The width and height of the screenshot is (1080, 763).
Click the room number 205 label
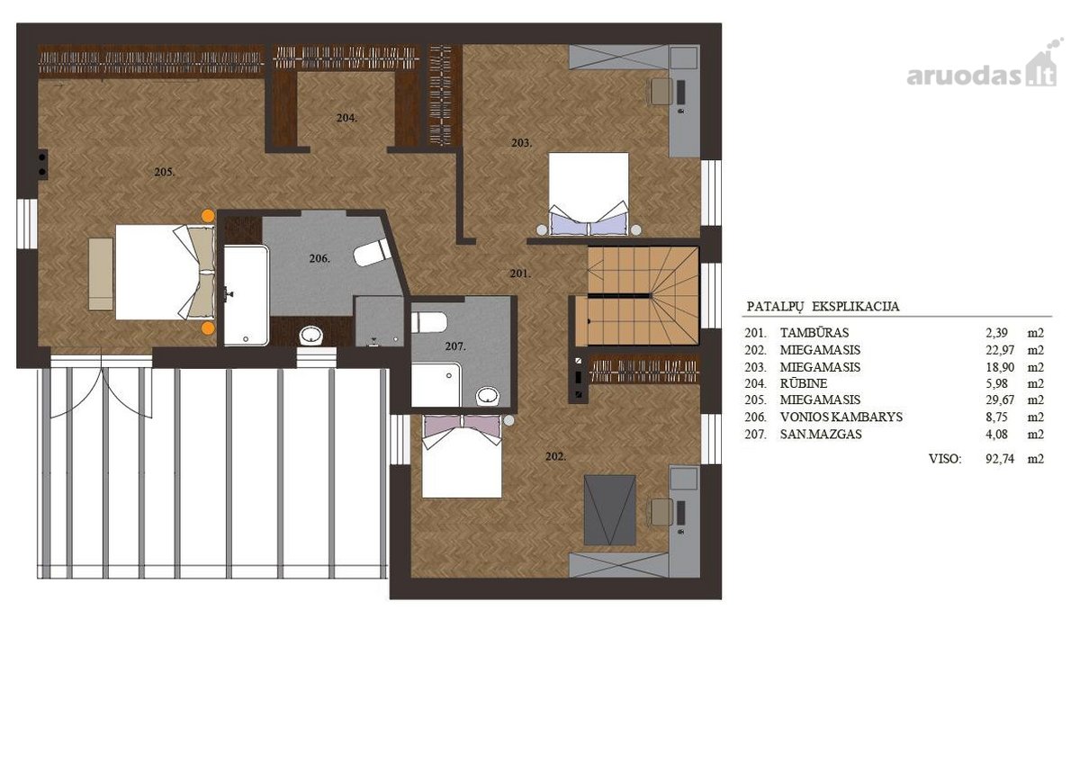[x=165, y=172]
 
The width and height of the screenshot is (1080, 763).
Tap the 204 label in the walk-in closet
[x=346, y=118]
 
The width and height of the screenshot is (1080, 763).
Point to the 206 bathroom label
[x=319, y=259]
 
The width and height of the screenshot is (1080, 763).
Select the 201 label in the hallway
[x=520, y=274]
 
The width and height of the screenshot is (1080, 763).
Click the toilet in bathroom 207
[x=429, y=322]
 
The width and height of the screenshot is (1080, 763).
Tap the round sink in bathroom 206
[x=311, y=336]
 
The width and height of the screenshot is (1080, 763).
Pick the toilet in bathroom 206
[x=373, y=252]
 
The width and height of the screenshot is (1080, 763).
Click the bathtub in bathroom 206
[x=247, y=295]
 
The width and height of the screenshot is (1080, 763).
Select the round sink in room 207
[x=488, y=396]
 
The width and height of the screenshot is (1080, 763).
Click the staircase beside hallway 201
[x=637, y=296]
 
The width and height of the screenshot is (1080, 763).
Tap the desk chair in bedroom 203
[x=661, y=91]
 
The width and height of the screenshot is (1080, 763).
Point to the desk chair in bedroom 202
[x=661, y=512]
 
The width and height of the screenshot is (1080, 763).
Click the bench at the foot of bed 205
[x=101, y=274]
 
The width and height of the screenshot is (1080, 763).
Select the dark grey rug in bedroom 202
[x=610, y=510]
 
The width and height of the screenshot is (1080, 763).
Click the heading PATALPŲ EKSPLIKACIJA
[x=823, y=307]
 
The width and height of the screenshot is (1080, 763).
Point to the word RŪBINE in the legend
[x=804, y=383]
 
